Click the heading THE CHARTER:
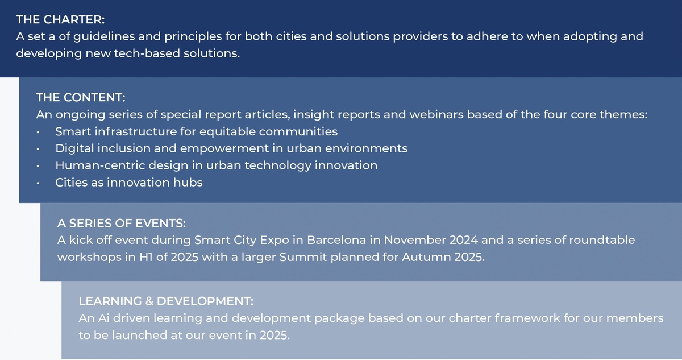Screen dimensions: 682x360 (x=60, y=19)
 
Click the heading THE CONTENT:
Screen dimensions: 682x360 (x=81, y=97)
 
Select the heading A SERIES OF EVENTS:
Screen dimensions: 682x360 (x=122, y=224)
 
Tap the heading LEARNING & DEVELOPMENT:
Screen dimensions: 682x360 (x=166, y=301)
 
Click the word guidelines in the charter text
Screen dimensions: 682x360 (x=104, y=37)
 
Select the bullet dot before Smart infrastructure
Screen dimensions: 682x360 (x=38, y=132)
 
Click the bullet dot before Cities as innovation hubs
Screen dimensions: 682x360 (x=38, y=183)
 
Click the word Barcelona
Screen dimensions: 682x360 (x=336, y=241)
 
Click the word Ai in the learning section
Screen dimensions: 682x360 (x=104, y=318)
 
